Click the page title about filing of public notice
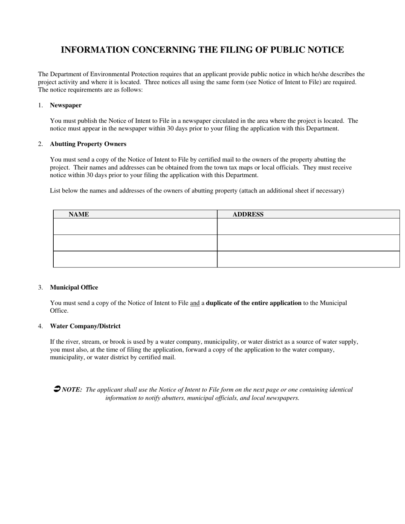click(202, 50)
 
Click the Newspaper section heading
click(66, 105)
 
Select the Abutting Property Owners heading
click(88, 144)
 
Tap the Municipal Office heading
click(74, 288)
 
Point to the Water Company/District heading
click(85, 326)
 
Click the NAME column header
click(79, 214)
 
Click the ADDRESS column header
click(248, 214)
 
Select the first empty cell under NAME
click(135, 227)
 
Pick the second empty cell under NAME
click(135, 243)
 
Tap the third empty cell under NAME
click(135, 259)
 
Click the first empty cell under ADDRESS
click(308, 227)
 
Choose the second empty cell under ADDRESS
click(308, 243)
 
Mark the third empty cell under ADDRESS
click(308, 259)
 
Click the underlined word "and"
click(195, 303)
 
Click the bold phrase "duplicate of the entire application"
click(254, 303)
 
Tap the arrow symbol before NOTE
click(57, 389)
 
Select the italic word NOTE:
click(72, 390)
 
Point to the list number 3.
click(40, 288)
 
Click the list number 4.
click(40, 326)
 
